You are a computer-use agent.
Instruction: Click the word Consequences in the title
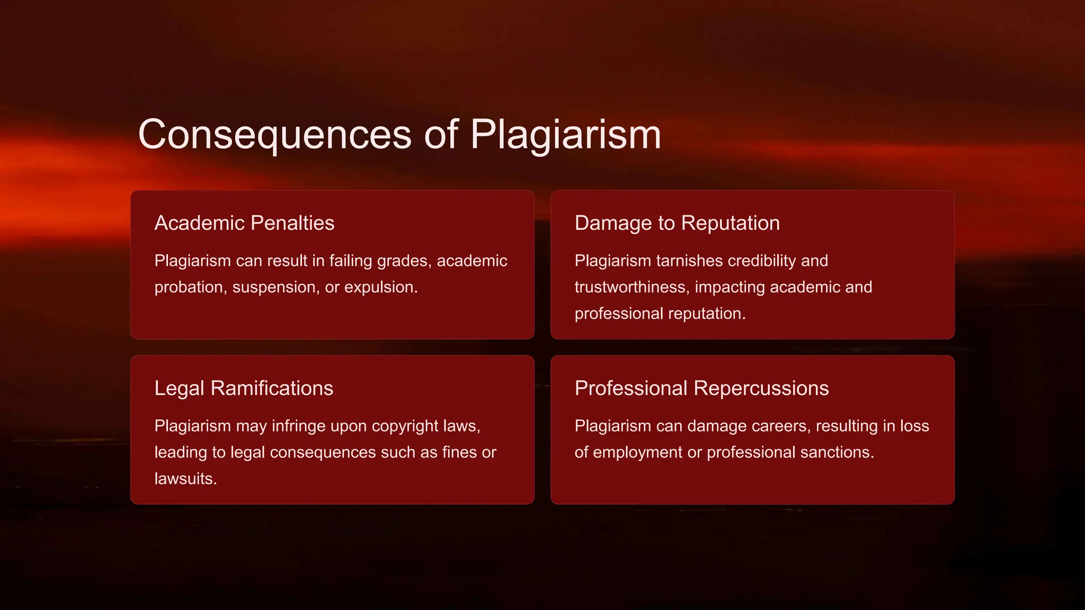[274, 134]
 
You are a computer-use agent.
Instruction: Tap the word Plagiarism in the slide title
[565, 134]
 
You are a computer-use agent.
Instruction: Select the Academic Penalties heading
[244, 223]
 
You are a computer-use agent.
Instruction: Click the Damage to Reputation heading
[677, 223]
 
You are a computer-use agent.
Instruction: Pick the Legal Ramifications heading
[244, 388]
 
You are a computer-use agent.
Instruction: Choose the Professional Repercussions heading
[701, 388]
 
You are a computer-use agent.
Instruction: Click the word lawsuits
[185, 479]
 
